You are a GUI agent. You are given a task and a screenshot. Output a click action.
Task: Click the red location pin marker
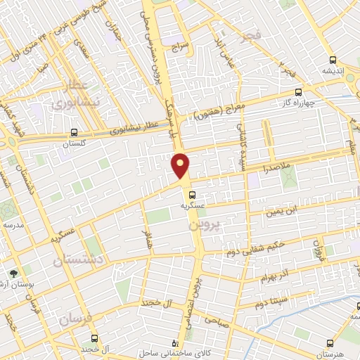[x=181, y=166]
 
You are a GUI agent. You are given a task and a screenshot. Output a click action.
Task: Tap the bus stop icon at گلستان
[x=74, y=131]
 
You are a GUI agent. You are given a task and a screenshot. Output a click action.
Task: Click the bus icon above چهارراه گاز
[x=299, y=92]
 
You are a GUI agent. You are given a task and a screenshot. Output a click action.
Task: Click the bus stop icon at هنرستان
[x=329, y=343]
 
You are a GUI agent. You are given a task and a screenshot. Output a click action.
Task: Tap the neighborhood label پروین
[x=205, y=225]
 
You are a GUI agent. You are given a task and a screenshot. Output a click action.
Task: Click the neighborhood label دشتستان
[x=79, y=259]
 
